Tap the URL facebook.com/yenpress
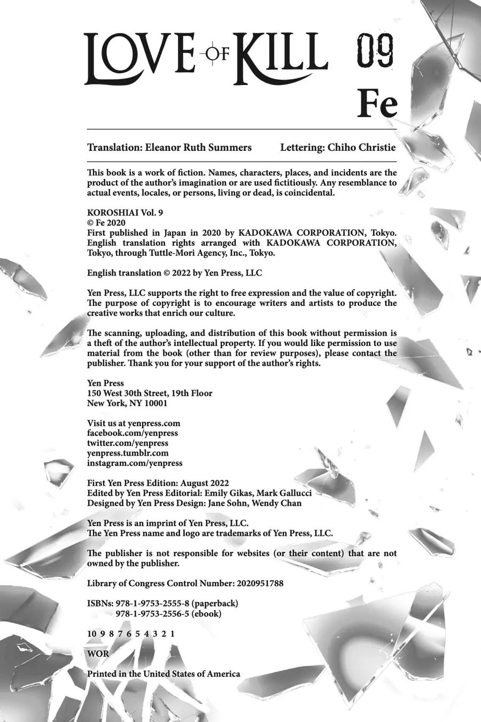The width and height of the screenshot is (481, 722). [133, 433]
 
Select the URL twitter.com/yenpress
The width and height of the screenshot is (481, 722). [128, 443]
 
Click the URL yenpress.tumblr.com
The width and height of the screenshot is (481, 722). [128, 453]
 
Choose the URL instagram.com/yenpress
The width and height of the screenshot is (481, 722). [135, 463]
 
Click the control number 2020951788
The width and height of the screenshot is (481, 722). [259, 583]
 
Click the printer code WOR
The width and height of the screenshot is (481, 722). [98, 654]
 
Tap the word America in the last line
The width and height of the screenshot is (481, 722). [221, 674]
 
